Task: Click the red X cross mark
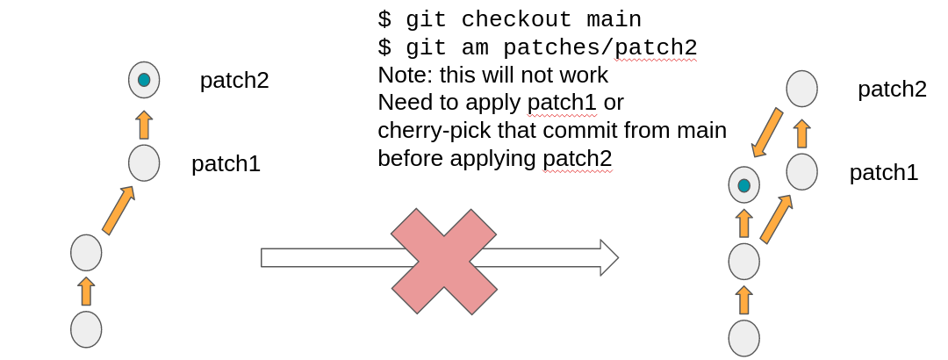[x=443, y=261]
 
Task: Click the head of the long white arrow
[x=609, y=257]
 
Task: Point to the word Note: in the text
[x=406, y=75]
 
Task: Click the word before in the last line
[x=411, y=159]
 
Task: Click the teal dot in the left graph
[x=144, y=80]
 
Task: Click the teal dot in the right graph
[x=744, y=185]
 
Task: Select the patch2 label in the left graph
[x=233, y=81]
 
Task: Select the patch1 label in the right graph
[x=883, y=173]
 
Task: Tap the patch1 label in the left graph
[x=226, y=164]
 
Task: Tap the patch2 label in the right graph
[x=892, y=90]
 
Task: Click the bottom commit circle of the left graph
[x=86, y=329]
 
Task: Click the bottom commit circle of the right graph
[x=744, y=338]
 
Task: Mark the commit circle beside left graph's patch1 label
[x=144, y=162]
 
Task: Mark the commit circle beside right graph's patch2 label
[x=801, y=89]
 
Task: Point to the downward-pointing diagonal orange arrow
[x=766, y=132]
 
